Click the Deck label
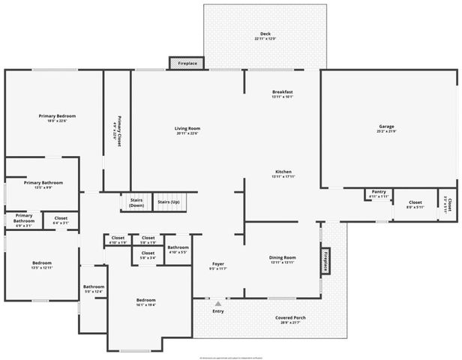click(265, 34)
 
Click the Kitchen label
click(283, 172)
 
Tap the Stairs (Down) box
click(136, 202)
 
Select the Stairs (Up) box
click(169, 202)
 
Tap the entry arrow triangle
click(218, 304)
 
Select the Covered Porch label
click(290, 319)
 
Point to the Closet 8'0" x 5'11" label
click(415, 203)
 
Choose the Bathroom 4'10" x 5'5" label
click(178, 248)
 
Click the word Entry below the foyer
click(218, 311)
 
